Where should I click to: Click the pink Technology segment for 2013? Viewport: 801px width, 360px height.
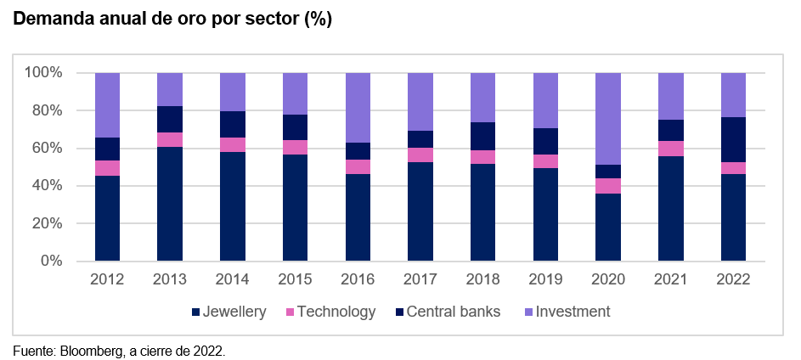[169, 140]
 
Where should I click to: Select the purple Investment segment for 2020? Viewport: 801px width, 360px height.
[607, 119]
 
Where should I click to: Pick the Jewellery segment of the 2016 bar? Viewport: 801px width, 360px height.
[357, 217]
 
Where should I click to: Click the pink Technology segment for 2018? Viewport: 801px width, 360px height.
[482, 157]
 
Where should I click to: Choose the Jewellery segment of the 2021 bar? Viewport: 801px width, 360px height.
[670, 208]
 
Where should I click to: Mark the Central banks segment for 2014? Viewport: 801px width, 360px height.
[232, 125]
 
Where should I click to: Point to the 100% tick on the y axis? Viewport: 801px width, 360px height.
[44, 73]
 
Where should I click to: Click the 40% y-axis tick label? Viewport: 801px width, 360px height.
[48, 186]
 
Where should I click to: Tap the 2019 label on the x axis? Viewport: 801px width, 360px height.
[545, 279]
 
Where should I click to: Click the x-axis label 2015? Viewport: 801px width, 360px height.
[295, 279]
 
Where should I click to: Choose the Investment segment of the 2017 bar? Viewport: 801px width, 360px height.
[420, 102]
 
